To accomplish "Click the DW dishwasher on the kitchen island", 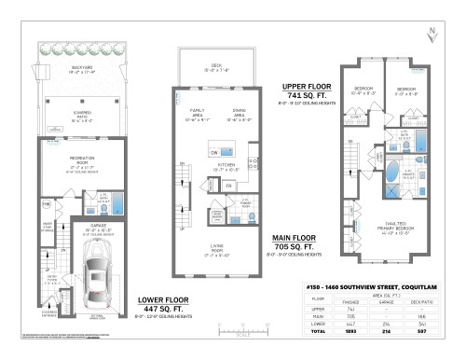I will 215,151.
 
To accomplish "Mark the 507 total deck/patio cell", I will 433,330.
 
